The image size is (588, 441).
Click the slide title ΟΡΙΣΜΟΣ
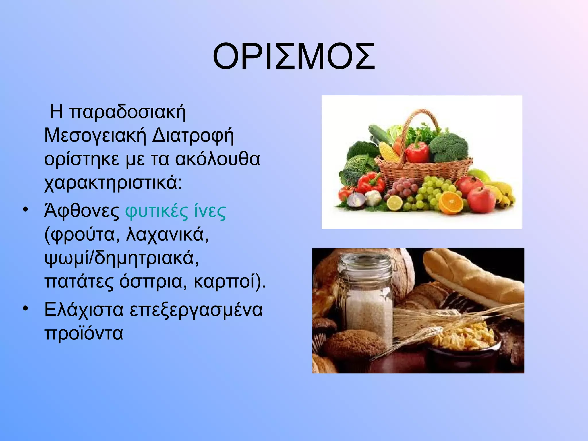coord(294,57)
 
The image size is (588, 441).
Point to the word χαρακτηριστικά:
coord(113,183)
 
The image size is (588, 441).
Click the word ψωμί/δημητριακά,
coord(121,258)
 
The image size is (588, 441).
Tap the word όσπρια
coord(150,282)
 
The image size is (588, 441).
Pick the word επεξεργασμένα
coord(196,310)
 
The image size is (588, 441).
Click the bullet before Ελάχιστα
coord(26,309)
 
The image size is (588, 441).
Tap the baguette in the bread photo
coord(471,276)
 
